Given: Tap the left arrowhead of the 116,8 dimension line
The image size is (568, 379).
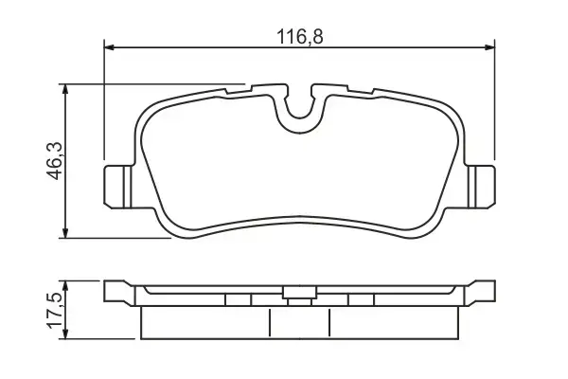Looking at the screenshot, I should tap(108, 45).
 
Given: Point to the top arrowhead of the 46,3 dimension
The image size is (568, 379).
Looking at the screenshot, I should tap(65, 88).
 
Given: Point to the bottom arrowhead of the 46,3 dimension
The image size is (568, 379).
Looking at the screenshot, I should tap(65, 234).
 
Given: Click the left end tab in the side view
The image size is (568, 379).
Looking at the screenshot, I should tap(116, 292).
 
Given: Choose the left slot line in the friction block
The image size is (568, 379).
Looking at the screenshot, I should tap(272, 323).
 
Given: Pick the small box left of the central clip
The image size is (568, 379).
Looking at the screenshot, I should tap(239, 300).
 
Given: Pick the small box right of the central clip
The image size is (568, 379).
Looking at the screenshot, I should tap(361, 300).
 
